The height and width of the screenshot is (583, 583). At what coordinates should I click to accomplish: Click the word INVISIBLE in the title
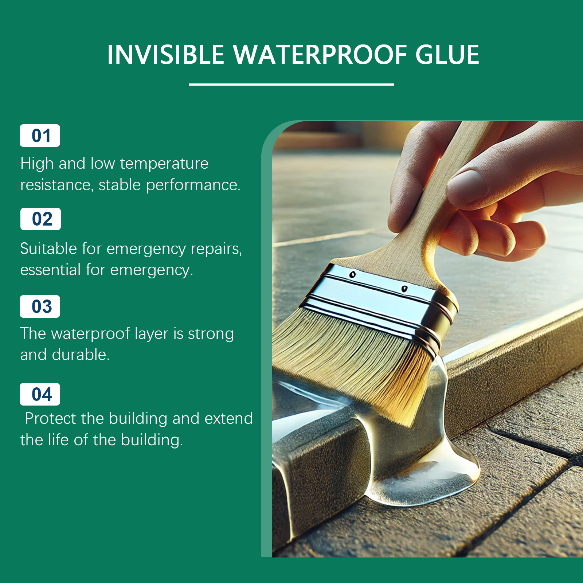(165, 55)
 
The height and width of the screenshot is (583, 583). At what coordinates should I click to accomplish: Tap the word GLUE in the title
(447, 55)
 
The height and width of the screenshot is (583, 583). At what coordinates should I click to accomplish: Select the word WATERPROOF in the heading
(320, 55)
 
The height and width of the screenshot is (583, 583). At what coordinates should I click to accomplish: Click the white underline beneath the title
(291, 85)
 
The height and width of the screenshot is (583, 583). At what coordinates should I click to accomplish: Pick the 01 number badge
(40, 136)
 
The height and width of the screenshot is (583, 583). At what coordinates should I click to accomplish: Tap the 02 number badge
(40, 219)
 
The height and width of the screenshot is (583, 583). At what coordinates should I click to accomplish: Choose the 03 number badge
(40, 306)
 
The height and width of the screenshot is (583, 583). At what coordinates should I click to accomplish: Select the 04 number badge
(40, 394)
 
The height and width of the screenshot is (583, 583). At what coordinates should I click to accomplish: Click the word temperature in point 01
(164, 164)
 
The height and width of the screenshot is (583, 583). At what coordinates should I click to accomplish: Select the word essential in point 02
(50, 270)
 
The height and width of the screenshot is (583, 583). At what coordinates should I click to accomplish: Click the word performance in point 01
(193, 185)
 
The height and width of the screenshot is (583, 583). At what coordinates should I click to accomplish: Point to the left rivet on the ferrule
(352, 274)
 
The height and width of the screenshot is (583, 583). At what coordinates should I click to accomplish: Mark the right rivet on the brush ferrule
(404, 289)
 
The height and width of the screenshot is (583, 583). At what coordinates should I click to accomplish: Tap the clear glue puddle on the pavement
(423, 474)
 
